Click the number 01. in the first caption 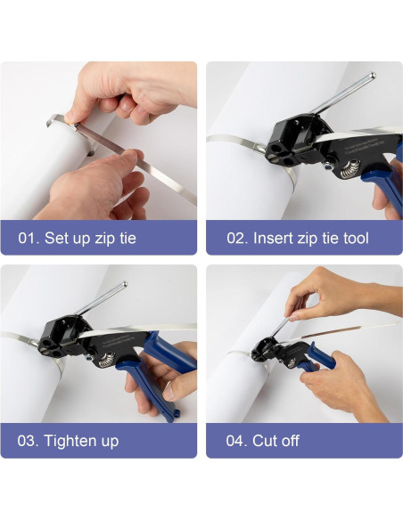[29, 238]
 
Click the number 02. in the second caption [237, 239]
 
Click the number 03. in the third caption [28, 441]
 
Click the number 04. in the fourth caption [236, 441]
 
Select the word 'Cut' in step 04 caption [263, 441]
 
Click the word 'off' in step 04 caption [289, 441]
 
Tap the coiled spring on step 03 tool [107, 360]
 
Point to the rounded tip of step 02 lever [373, 76]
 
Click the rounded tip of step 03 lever [125, 284]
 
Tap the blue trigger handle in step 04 [320, 356]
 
